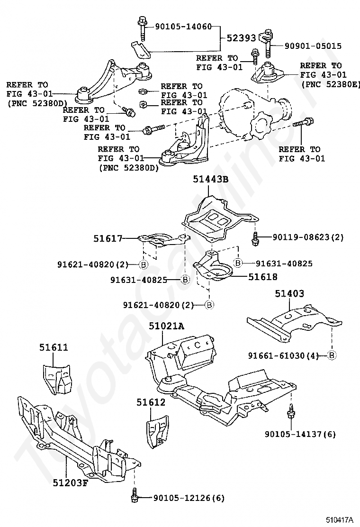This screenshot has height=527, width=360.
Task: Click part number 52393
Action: [x=241, y=38]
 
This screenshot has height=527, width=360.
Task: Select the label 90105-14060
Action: [x=183, y=26]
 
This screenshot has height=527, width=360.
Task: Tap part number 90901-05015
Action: [x=313, y=46]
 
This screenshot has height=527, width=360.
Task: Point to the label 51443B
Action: [x=211, y=179]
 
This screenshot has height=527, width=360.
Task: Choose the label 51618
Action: [x=263, y=277]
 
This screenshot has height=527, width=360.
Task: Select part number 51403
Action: [x=289, y=293]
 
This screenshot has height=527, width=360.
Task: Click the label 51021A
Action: [x=167, y=326]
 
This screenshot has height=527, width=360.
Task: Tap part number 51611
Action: [x=54, y=347]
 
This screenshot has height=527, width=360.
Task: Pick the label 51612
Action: [x=151, y=402]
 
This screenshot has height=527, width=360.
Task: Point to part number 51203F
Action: [x=70, y=482]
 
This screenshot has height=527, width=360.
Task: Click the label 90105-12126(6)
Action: [x=189, y=498]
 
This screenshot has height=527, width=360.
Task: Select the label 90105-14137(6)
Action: [x=300, y=434]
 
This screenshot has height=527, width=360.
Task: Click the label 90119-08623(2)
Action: [x=308, y=237]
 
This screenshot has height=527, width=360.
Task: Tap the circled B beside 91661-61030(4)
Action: [x=332, y=355]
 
